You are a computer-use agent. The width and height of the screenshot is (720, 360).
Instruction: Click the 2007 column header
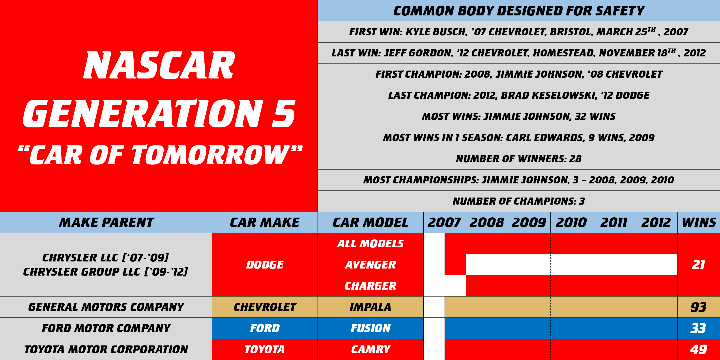point(444,222)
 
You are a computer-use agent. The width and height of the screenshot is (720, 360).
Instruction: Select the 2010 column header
point(571,222)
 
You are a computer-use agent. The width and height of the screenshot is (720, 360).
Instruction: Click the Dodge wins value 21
point(698,265)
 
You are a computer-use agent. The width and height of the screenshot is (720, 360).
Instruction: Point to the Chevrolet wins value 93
point(698,307)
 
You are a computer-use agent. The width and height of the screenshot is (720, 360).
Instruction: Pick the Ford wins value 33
point(698,328)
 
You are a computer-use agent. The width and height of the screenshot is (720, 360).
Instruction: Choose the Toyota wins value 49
point(698,349)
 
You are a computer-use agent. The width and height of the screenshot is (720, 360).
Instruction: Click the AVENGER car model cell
point(371,265)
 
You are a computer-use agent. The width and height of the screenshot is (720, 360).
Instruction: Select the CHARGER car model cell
point(371,286)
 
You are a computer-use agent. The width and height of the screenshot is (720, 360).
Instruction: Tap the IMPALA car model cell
point(371,307)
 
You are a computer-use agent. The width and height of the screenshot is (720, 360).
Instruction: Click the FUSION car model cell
point(371,328)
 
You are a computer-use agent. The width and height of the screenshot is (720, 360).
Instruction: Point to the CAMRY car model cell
point(371,349)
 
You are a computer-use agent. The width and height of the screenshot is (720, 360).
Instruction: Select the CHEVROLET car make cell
point(265,307)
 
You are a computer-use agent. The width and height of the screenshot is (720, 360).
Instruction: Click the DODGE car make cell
point(265,265)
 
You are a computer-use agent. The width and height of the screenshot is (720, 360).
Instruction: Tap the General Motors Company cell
point(106,307)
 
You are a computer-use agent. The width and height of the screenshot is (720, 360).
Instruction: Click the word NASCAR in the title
point(159,65)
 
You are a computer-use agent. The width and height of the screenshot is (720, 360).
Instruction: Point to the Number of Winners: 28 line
point(519,159)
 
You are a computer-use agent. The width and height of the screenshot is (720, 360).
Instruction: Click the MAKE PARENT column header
point(106,222)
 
